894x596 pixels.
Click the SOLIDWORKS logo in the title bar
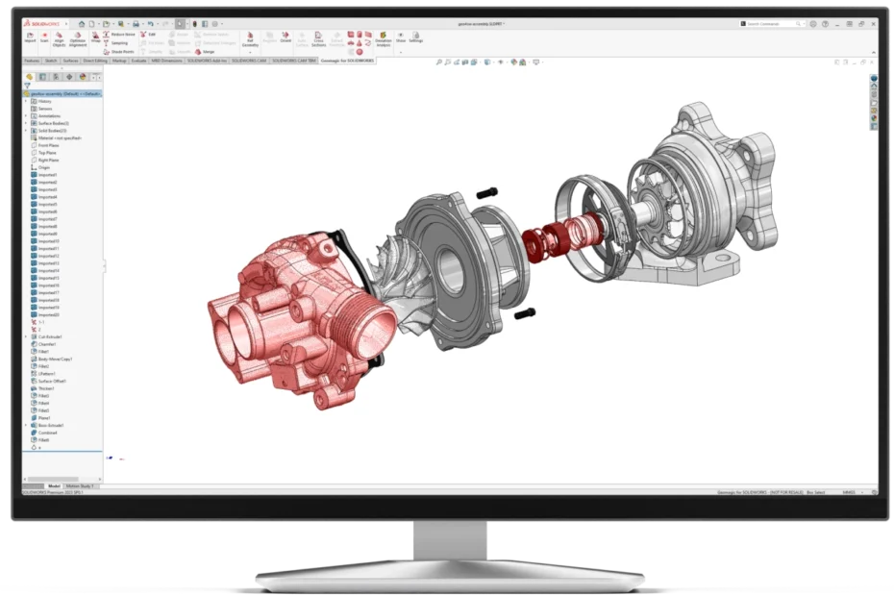38,23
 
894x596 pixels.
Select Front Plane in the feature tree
47,145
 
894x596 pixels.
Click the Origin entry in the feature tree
43,167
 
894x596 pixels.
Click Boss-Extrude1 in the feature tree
50,425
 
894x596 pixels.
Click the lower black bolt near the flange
525,313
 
